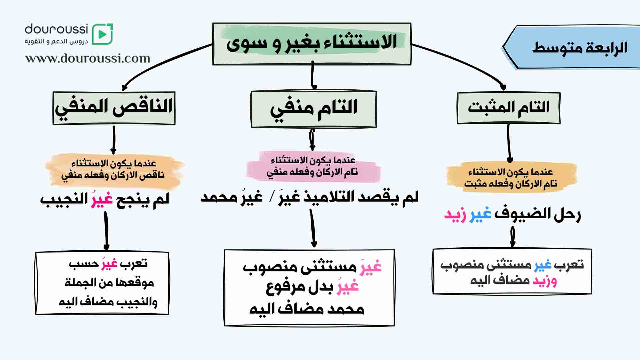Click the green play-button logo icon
(102, 34)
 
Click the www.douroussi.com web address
(88, 58)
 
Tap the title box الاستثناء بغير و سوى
(312, 44)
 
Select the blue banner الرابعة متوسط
(571, 47)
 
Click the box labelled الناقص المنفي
(114, 108)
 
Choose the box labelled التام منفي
(313, 109)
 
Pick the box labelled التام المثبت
(508, 108)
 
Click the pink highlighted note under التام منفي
(313, 167)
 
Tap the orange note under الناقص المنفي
(114, 170)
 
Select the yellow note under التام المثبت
(511, 177)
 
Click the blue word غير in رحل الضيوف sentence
(481, 214)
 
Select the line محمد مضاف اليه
(307, 309)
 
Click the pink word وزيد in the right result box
(545, 281)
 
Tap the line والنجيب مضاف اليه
(108, 302)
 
